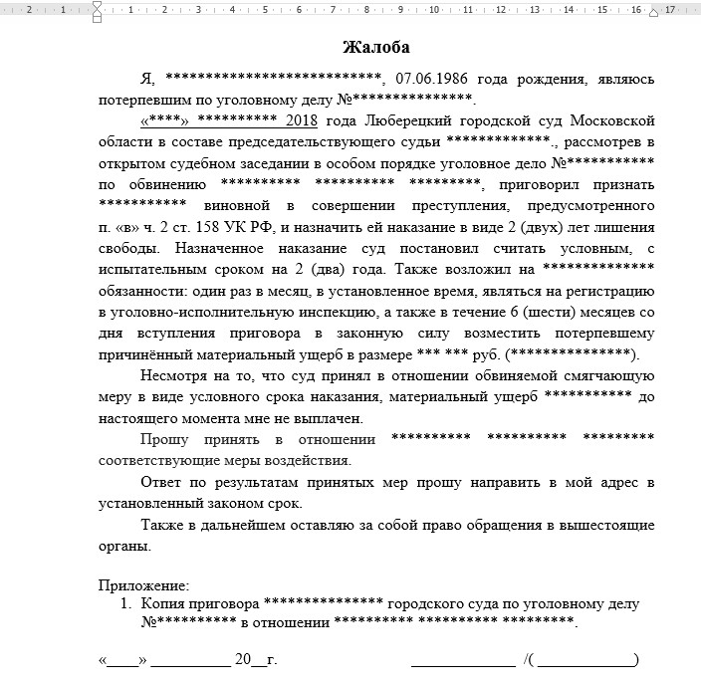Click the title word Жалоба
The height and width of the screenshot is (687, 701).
[375, 47]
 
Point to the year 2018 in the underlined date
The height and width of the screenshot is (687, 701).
[301, 120]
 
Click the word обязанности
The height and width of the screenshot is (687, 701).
[138, 290]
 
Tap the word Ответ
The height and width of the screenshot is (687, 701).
[162, 483]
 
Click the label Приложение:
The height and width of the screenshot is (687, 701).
[144, 585]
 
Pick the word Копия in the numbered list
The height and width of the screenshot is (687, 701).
[162, 604]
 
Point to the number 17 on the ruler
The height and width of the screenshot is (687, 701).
[669, 10]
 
